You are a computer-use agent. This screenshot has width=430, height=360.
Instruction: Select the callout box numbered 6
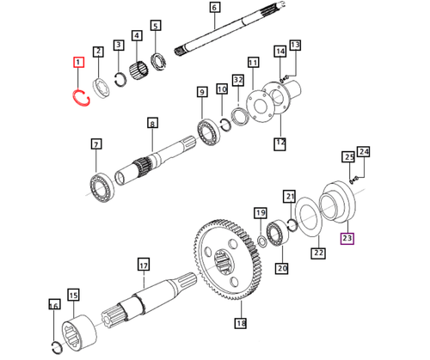coord(214,10)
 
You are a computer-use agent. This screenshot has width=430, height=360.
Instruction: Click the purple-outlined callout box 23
coord(347,238)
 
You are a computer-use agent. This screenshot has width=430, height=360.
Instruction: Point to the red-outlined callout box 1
coord(78,63)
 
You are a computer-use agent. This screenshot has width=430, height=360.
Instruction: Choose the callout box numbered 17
coord(144,265)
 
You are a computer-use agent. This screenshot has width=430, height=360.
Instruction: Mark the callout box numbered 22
coord(317,253)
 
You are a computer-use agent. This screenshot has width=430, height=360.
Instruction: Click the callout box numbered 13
coord(295,45)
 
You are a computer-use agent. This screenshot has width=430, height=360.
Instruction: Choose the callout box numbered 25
coord(348,157)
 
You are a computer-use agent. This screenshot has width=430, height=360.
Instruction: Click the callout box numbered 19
coord(259,212)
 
